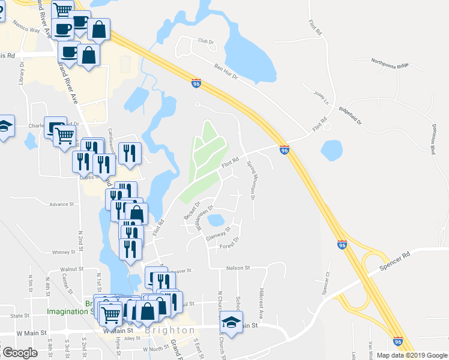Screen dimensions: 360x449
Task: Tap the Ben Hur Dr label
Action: point(226,71)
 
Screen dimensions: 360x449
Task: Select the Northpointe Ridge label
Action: point(390,62)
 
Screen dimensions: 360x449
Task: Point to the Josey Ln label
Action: point(322,97)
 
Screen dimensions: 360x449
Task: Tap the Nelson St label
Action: point(237,268)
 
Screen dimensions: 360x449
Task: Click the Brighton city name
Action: point(170,331)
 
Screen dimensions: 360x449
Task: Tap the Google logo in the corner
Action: point(20,353)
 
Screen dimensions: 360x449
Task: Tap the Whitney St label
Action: point(62,253)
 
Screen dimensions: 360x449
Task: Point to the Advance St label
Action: point(61,204)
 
